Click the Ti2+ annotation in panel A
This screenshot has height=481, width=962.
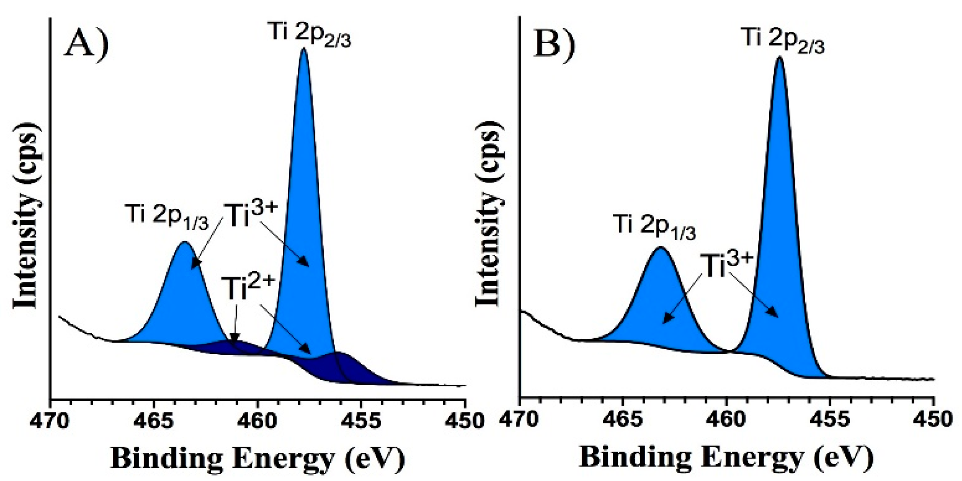(248, 288)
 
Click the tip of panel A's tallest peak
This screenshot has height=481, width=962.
(304, 49)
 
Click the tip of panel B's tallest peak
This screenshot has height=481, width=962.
(779, 57)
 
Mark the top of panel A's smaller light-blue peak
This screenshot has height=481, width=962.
(185, 243)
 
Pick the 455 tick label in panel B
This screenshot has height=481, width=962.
(830, 420)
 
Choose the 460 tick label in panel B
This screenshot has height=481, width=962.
(726, 420)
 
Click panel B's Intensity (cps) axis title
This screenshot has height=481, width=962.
(489, 213)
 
